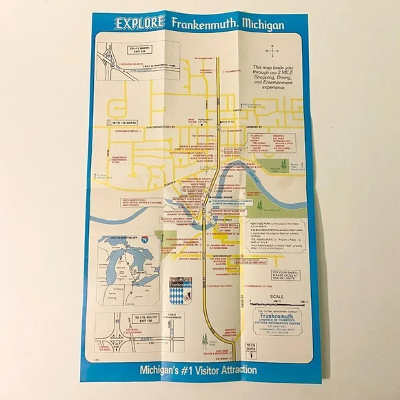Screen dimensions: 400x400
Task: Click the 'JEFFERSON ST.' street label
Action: click(x=231, y=255)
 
